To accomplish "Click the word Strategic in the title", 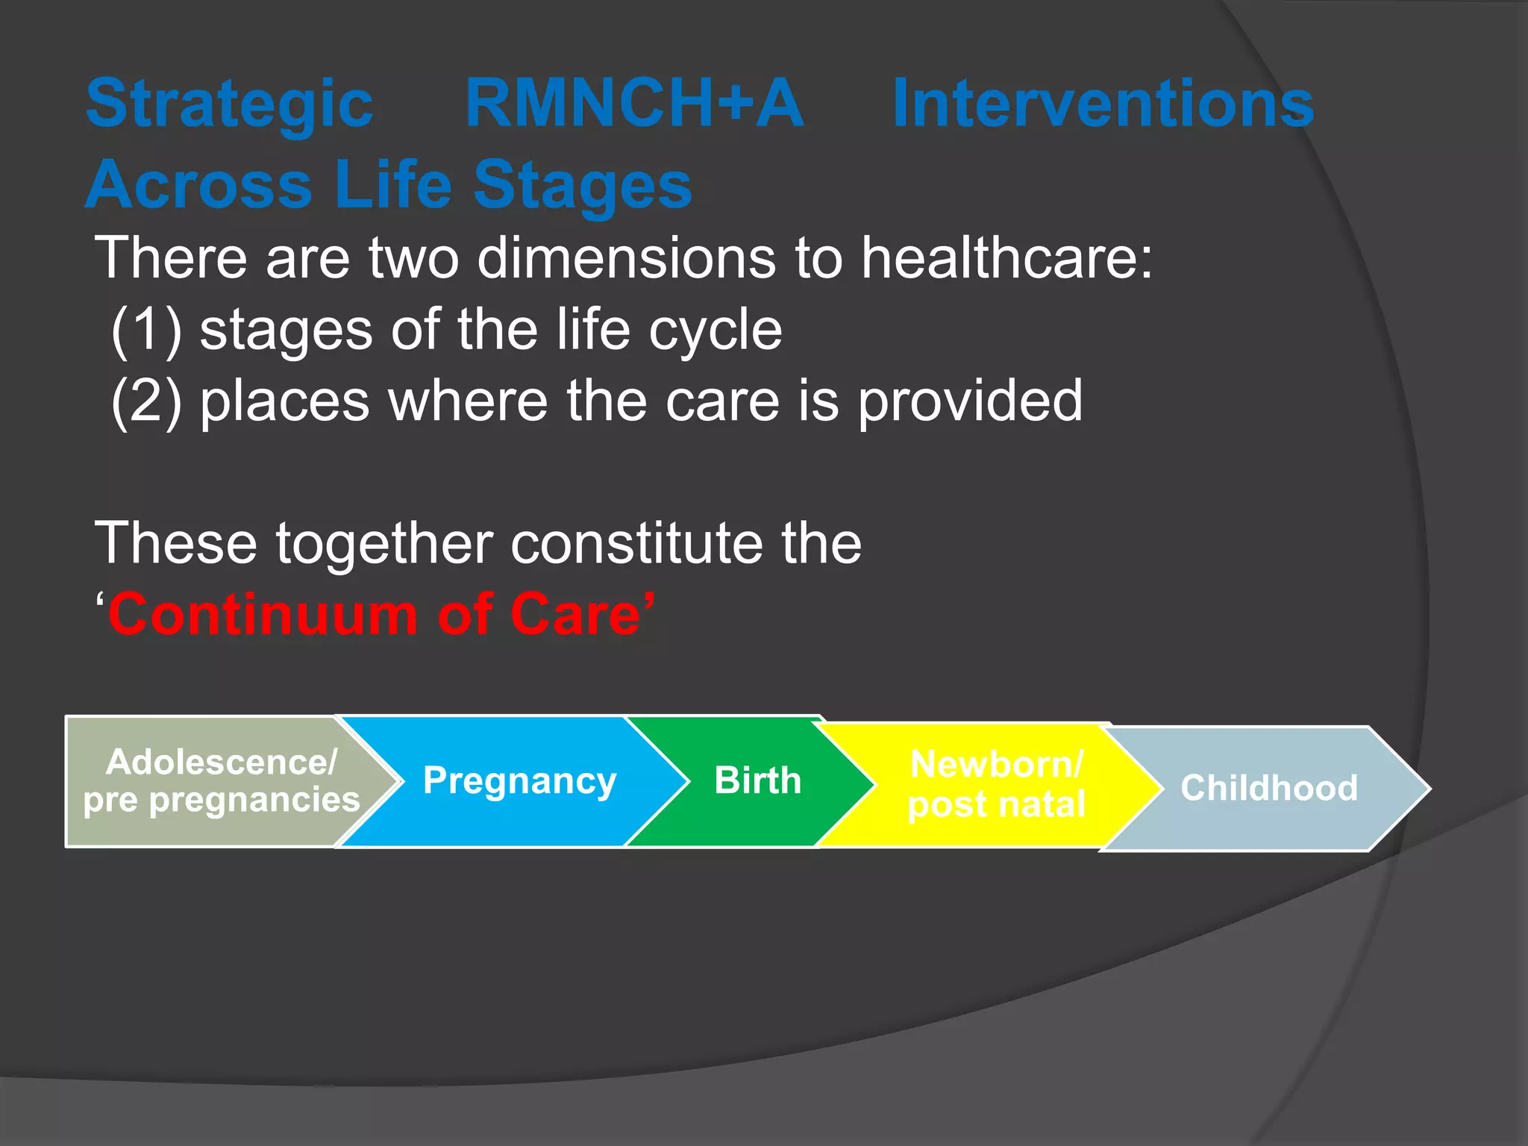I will pyautogui.click(x=229, y=104).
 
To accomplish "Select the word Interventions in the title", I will pyautogui.click(x=1102, y=104).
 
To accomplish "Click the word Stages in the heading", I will pyautogui.click(x=582, y=185).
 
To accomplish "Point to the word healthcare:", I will pyautogui.click(x=1007, y=257).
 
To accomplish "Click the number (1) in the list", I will pyautogui.click(x=146, y=330).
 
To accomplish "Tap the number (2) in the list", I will pyautogui.click(x=146, y=401).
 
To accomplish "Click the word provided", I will pyautogui.click(x=969, y=401).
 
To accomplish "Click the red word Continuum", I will pyautogui.click(x=262, y=615).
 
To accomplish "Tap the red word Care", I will pyautogui.click(x=575, y=615).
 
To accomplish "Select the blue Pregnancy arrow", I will pyautogui.click(x=519, y=781).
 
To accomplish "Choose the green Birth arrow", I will pyautogui.click(x=757, y=781).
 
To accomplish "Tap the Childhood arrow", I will pyautogui.click(x=1268, y=789).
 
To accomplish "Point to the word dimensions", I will pyautogui.click(x=627, y=257).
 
